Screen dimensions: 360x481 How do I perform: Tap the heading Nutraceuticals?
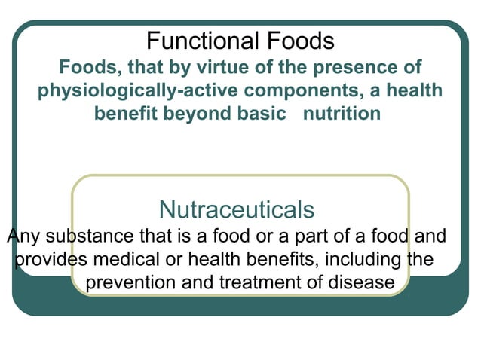tap(237, 208)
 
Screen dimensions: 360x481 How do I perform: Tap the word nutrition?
tap(342, 114)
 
